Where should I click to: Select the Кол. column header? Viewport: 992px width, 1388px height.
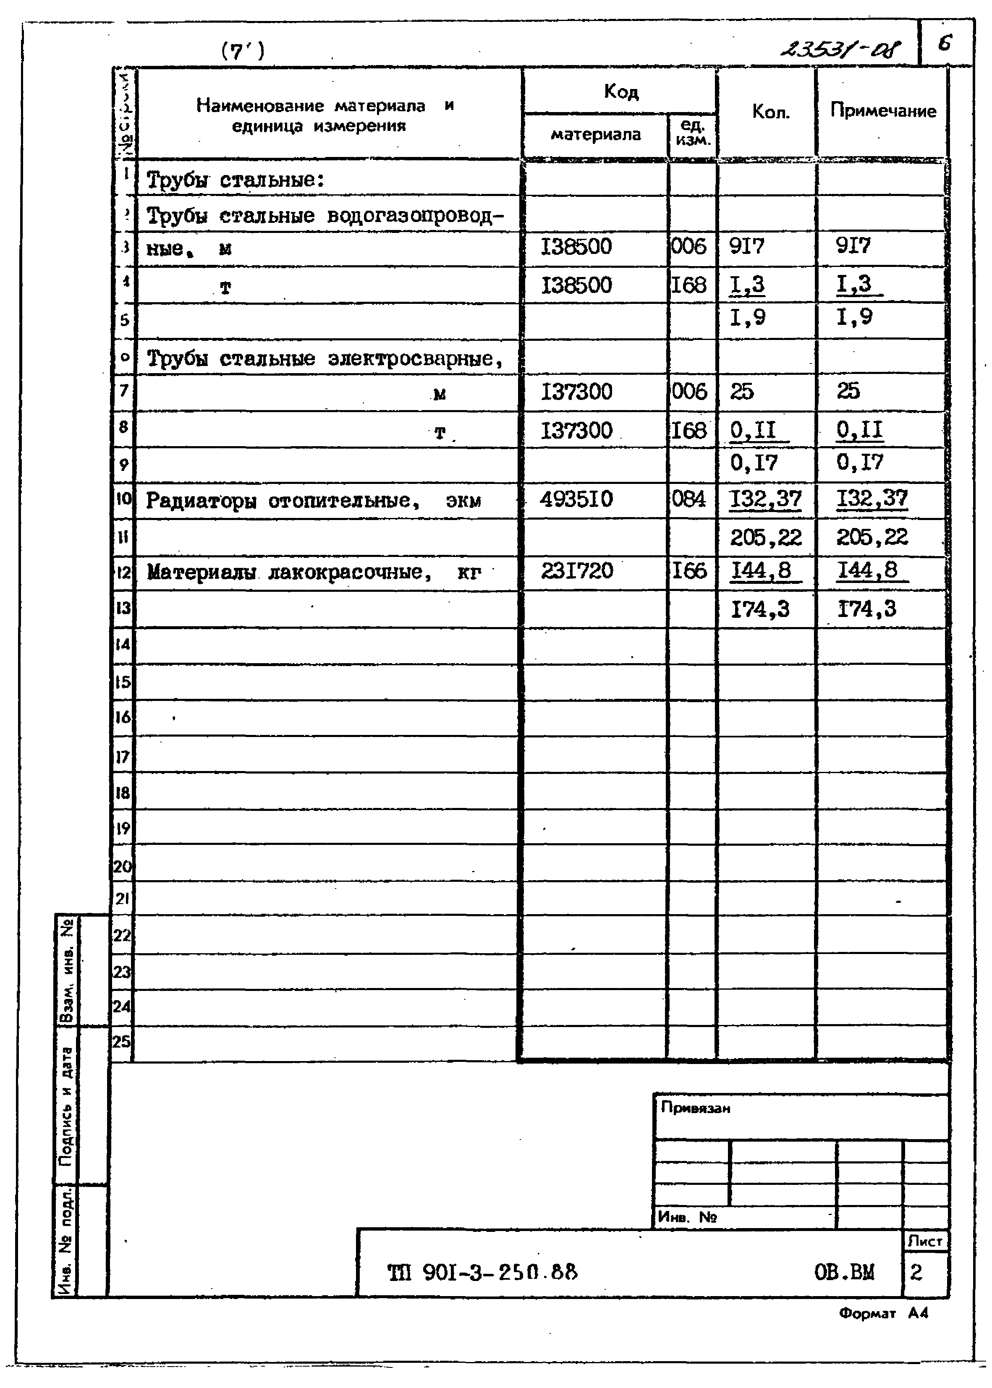click(770, 112)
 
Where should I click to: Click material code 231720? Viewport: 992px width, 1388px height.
click(577, 570)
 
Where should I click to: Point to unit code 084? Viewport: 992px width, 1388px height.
click(688, 499)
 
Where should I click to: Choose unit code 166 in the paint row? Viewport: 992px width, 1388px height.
click(689, 570)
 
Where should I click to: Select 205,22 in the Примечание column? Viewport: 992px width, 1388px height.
click(872, 537)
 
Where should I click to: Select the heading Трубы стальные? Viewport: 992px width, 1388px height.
click(235, 180)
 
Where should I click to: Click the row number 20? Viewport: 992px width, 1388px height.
click(122, 866)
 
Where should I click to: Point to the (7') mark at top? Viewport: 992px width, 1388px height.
click(243, 51)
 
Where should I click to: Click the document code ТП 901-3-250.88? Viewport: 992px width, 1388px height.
click(482, 1273)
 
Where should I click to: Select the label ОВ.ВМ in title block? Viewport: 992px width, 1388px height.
click(844, 1272)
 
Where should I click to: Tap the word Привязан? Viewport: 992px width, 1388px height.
click(695, 1108)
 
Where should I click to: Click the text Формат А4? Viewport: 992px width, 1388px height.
click(883, 1313)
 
